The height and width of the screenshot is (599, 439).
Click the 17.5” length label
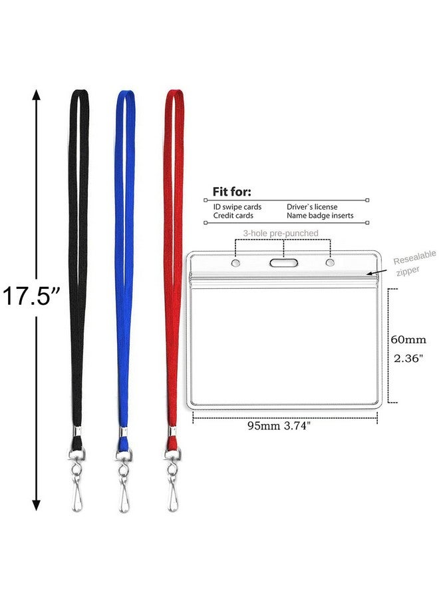[31, 296]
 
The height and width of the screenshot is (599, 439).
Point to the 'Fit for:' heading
[232, 192]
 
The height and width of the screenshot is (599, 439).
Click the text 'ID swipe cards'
[237, 207]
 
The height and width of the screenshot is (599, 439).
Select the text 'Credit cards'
[233, 216]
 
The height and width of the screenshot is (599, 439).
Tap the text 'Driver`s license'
[313, 207]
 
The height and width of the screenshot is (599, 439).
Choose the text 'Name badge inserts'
[320, 216]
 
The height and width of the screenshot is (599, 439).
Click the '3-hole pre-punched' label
[281, 233]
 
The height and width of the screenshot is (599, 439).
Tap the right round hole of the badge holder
[330, 264]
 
